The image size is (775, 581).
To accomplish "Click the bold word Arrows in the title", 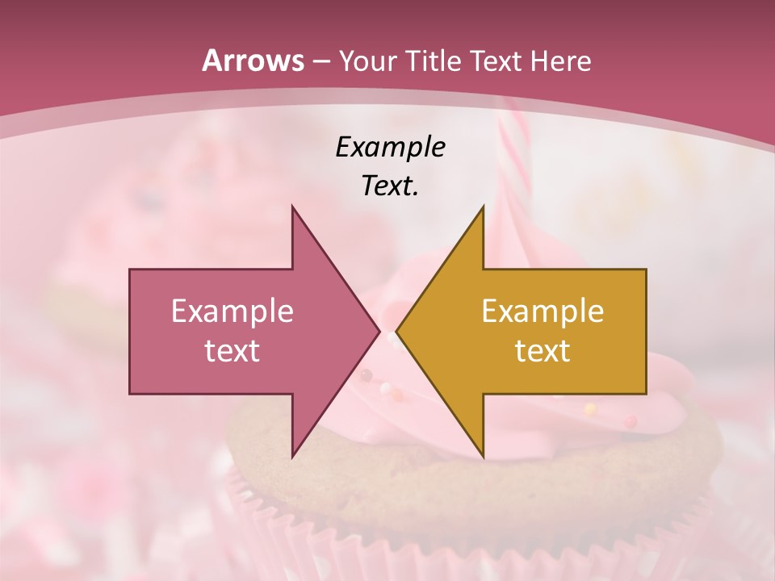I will click(x=253, y=61).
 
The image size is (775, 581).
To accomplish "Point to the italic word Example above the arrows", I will click(x=390, y=148).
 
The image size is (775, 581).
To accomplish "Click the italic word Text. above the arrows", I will click(x=390, y=186).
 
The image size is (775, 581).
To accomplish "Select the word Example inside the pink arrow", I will click(x=232, y=311).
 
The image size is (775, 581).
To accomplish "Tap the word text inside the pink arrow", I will click(x=232, y=351).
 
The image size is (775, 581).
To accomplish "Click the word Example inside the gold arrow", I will click(x=542, y=311).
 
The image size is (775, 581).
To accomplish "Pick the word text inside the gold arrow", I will click(x=542, y=351).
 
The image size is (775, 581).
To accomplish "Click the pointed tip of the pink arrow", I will click(x=379, y=332).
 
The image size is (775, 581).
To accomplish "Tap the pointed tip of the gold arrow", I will click(x=398, y=332).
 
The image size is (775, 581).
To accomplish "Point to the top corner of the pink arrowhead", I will click(x=293, y=207).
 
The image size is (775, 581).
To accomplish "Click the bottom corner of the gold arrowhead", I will click(x=483, y=456).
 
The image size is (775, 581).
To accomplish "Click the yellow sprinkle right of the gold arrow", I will click(x=590, y=409).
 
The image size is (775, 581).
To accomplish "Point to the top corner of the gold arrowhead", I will click(x=483, y=207).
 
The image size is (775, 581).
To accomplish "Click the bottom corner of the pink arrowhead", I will click(x=293, y=456).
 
